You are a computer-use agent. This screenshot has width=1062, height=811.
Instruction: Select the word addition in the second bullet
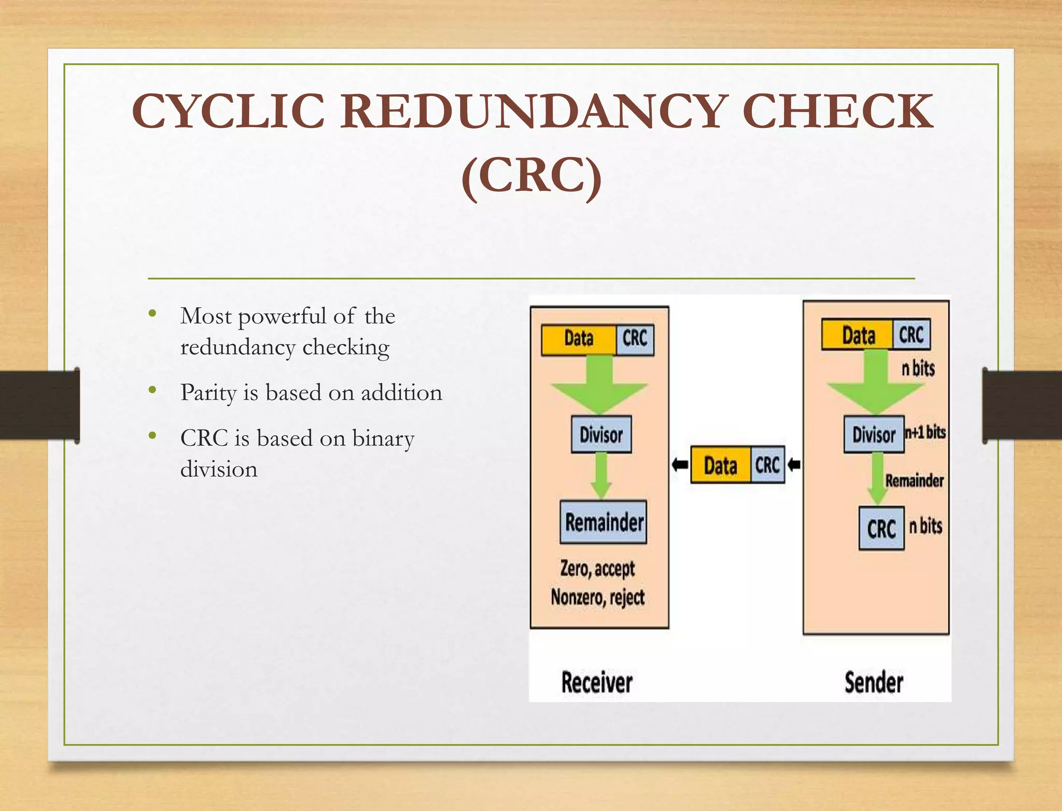(x=401, y=393)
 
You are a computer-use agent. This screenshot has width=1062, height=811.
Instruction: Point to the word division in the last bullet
(x=219, y=470)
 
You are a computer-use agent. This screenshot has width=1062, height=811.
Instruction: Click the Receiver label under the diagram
(x=597, y=682)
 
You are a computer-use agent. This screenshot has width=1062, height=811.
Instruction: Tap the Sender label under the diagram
(x=874, y=682)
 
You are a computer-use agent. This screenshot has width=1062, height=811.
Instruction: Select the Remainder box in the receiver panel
(x=604, y=522)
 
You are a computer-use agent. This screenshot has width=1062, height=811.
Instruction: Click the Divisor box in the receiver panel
(x=601, y=434)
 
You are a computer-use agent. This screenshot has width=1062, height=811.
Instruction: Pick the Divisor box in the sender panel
(x=874, y=434)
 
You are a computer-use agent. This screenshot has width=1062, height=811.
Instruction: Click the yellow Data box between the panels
(x=720, y=465)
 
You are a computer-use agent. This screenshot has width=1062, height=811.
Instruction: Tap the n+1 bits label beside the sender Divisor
(x=926, y=432)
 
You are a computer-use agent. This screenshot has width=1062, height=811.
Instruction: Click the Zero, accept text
(x=597, y=569)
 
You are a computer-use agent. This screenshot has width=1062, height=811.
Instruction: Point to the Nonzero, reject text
(x=597, y=597)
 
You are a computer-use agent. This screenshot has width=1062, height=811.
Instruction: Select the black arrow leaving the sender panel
(x=794, y=464)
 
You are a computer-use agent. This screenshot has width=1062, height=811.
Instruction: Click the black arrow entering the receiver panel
(x=680, y=464)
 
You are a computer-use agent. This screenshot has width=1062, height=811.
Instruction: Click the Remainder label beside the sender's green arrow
(x=914, y=481)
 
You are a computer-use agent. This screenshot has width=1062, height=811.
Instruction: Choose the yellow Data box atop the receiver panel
(x=579, y=339)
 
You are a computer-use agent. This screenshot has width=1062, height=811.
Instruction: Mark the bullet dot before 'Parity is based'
(x=152, y=390)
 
